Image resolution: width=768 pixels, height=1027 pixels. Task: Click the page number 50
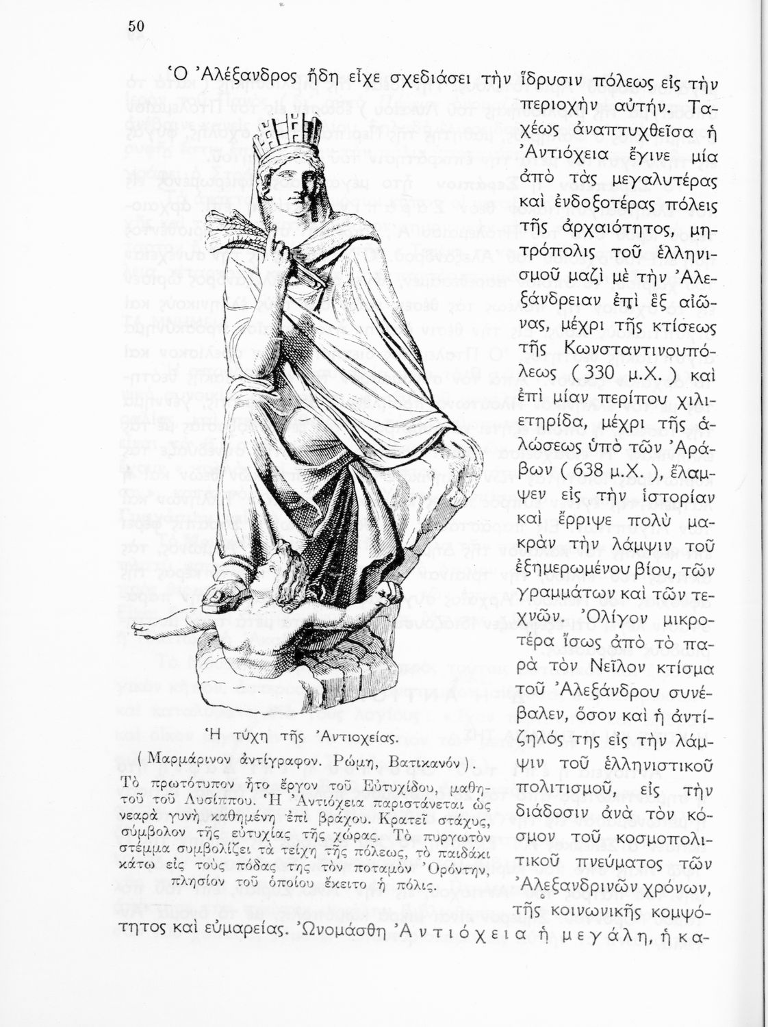tap(135, 26)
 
